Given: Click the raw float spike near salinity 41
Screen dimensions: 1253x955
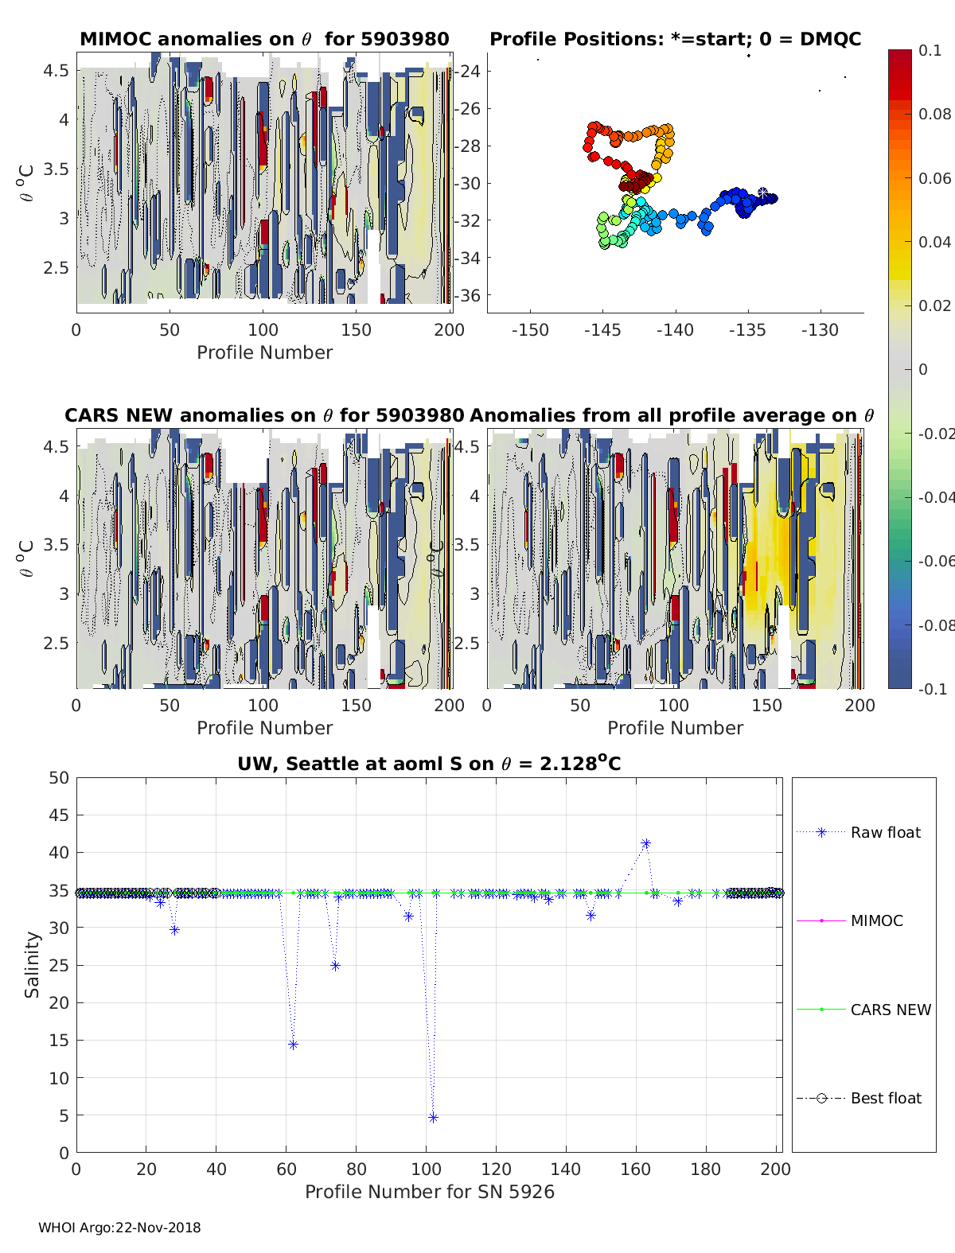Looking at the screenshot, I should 645,843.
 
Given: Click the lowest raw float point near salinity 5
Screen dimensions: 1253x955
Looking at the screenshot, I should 433,1118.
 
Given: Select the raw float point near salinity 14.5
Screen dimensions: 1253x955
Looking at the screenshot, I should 293,1045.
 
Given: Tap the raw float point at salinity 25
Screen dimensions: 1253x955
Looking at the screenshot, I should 335,966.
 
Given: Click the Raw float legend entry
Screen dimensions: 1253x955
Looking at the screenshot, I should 885,832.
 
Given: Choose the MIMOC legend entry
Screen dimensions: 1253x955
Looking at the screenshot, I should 876,920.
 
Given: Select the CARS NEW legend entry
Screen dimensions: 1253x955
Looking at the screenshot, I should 890,1010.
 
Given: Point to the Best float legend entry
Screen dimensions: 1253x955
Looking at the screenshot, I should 885,1099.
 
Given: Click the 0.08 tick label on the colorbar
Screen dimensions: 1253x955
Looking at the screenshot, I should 934,114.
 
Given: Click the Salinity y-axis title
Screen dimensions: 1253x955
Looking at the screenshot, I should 32,964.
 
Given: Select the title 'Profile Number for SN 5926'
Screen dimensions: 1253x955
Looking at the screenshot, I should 429,1192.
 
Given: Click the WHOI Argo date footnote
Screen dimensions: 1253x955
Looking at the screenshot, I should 119,1228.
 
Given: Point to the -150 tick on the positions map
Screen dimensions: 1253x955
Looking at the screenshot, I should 530,330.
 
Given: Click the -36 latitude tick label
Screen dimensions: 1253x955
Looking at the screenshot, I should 468,295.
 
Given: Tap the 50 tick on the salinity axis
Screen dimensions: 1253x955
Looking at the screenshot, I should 59,778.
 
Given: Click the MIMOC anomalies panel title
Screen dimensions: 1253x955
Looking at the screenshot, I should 264,39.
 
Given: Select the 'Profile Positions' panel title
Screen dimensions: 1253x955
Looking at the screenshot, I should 675,39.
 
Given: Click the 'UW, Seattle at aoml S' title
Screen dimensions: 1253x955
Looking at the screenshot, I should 429,764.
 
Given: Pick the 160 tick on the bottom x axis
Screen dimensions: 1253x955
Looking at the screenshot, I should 636,1169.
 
